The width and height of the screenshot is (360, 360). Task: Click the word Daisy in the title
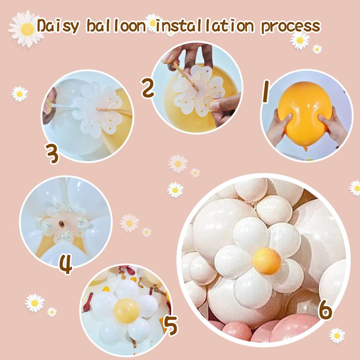[58, 26]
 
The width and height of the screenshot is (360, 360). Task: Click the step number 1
[266, 91]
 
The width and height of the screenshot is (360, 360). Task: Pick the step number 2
[148, 88]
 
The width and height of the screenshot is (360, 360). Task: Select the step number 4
[66, 264]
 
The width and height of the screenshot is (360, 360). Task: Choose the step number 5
[171, 325]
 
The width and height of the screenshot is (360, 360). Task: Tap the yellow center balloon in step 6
[267, 261]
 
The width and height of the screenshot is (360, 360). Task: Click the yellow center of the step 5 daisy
[126, 311]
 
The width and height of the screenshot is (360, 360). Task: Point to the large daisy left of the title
[26, 29]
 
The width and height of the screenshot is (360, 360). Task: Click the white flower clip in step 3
[97, 110]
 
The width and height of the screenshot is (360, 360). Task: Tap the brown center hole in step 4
[62, 224]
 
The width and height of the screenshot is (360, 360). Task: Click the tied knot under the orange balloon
[306, 148]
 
